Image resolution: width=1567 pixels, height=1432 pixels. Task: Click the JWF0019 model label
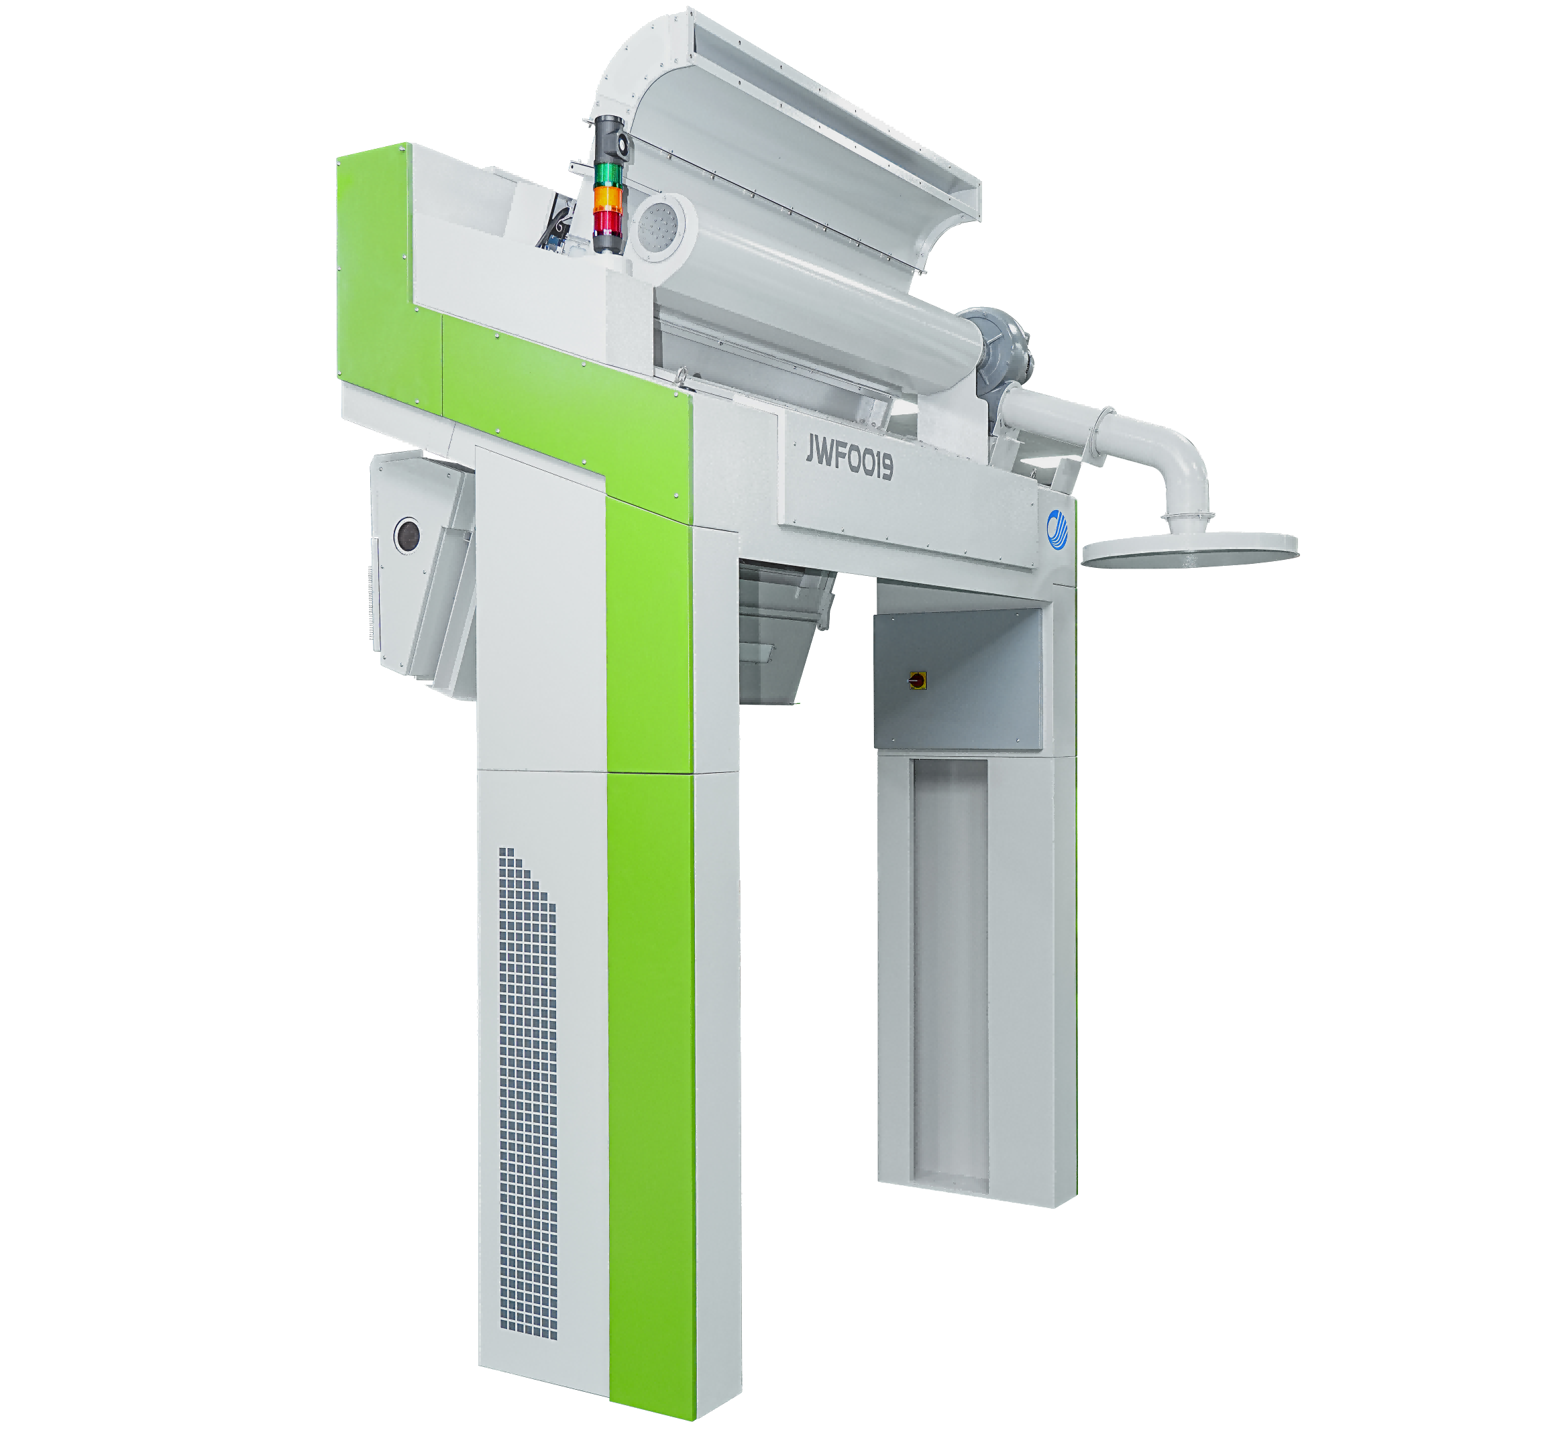click(849, 459)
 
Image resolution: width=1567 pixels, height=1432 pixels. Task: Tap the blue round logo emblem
click(1057, 529)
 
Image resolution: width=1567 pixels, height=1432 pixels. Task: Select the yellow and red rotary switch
click(917, 680)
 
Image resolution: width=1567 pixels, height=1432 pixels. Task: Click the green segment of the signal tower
click(608, 174)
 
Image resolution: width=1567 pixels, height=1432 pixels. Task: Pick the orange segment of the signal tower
click(608, 200)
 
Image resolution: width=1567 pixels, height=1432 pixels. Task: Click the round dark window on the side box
click(407, 536)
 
